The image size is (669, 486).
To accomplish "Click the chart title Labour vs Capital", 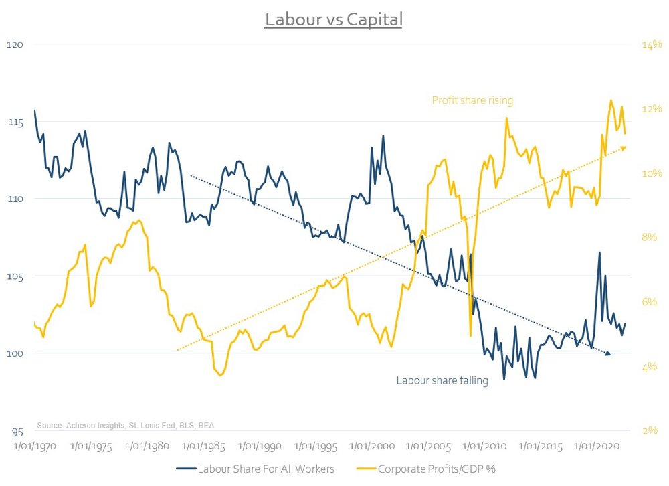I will pos(334,19).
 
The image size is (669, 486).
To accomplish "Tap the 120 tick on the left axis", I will pos(15,45).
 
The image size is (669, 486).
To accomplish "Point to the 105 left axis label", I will pos(15,276).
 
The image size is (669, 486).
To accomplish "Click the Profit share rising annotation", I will pos(472,101).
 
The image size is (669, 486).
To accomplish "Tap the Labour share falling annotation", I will pos(442,380).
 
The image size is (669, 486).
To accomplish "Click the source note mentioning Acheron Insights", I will pos(126,425).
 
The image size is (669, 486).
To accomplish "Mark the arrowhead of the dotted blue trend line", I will pos(608,353).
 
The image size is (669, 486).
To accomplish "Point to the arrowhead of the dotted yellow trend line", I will pos(623,147).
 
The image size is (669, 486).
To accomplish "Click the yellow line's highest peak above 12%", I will pos(611,100).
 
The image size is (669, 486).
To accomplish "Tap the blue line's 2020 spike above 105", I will pos(599,252).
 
